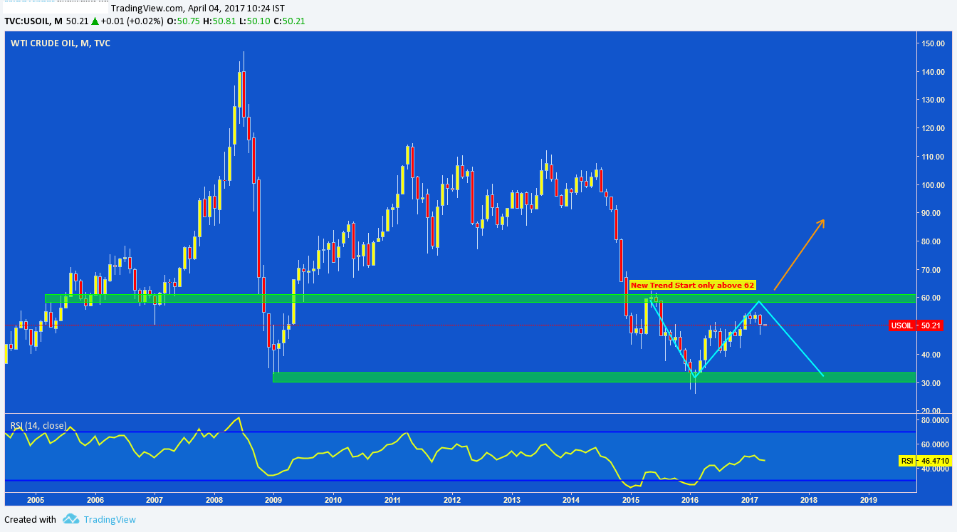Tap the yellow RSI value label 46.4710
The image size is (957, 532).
[x=925, y=461]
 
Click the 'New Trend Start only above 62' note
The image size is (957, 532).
[x=691, y=285]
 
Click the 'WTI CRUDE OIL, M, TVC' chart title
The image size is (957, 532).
[x=61, y=43]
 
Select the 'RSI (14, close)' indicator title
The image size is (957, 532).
[x=38, y=426]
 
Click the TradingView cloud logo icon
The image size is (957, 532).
[x=70, y=519]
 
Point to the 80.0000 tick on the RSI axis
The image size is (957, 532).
[x=932, y=420]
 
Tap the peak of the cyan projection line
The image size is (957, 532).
[x=759, y=302]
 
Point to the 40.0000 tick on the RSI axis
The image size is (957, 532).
[x=932, y=469]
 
